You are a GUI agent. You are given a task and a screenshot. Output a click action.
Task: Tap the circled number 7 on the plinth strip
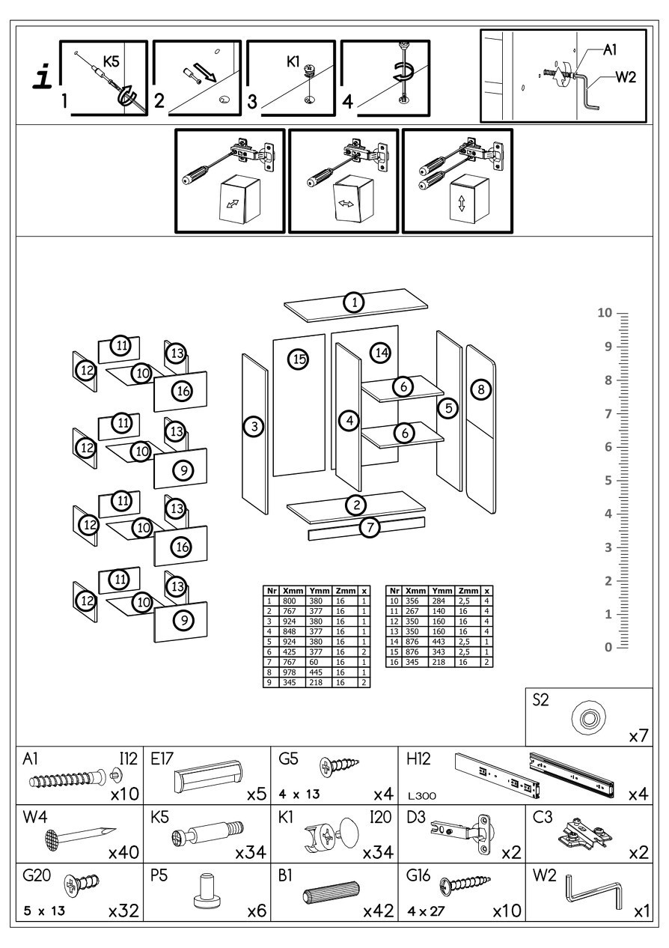coord(369,527)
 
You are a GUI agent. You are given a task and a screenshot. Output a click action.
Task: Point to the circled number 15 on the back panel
coord(299,359)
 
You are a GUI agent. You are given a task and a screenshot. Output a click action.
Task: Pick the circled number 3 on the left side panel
coord(254,427)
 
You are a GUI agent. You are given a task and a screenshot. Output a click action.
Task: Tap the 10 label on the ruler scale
coord(605,313)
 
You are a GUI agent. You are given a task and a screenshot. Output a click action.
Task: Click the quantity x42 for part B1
coord(379,912)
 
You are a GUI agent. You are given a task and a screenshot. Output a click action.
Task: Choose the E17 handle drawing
coord(210,774)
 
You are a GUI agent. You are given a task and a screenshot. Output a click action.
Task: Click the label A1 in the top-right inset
coord(610,50)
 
